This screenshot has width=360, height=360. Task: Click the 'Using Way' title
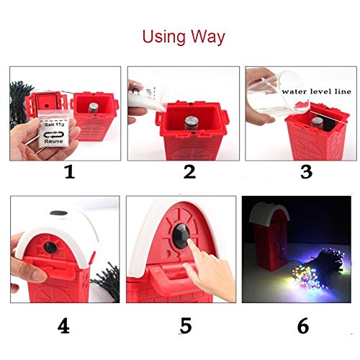point(184,37)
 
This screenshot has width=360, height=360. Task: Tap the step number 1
point(70,172)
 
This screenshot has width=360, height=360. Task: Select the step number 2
point(189,172)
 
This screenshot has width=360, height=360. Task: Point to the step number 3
point(306,172)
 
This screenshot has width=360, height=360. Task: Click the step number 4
point(63,325)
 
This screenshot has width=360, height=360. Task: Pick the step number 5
point(186,325)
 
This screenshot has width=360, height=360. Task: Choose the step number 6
point(303,325)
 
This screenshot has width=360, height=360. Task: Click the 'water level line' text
point(317,91)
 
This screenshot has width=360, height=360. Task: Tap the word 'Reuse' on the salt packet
point(53,141)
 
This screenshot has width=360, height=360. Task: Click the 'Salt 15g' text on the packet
point(54,125)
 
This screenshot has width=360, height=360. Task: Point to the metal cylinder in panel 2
point(192,123)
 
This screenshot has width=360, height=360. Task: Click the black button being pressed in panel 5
point(181,236)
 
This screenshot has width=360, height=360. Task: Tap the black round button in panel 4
point(50,248)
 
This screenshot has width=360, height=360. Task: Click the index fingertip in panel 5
point(190,242)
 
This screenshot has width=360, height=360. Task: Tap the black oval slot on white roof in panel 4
point(59,213)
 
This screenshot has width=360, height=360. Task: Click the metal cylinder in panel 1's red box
point(93,108)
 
